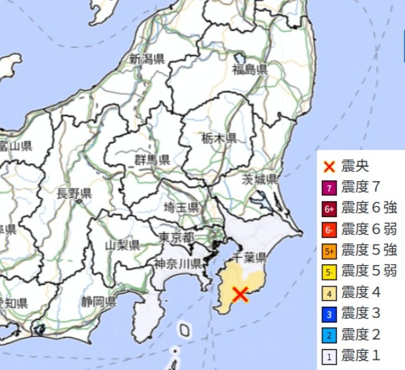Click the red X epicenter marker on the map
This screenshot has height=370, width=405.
click(240, 294)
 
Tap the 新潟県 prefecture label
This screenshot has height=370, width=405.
click(147, 59)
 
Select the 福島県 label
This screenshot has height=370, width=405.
click(250, 70)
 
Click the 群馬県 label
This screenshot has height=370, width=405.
click(152, 160)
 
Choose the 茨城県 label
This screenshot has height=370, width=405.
click(259, 179)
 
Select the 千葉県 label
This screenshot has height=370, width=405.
click(249, 258)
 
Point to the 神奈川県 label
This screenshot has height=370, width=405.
click(178, 263)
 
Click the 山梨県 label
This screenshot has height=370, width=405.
click(122, 245)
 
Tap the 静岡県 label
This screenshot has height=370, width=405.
click(98, 303)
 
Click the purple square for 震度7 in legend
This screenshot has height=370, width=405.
click(329, 187)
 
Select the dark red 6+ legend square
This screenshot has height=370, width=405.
click(329, 209)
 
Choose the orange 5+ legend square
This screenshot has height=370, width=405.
click(329, 251)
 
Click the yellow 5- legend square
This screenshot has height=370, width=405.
click(329, 272)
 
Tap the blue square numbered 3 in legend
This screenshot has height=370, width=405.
click(329, 314)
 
